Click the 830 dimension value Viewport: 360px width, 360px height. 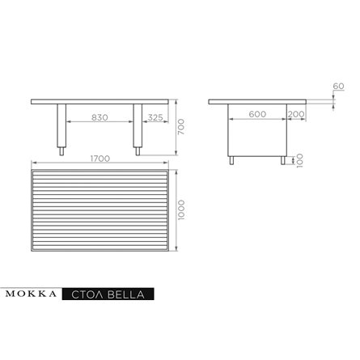100,117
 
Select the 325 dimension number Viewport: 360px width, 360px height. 155,117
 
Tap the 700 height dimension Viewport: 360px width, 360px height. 181,127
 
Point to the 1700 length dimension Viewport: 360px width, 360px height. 100,159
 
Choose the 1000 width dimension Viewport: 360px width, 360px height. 181,210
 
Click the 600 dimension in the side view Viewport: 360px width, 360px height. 257,114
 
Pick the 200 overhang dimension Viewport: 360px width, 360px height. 296,114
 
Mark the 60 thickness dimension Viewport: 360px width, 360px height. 338,87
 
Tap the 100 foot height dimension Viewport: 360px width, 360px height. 299,161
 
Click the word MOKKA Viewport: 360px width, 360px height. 31,294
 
